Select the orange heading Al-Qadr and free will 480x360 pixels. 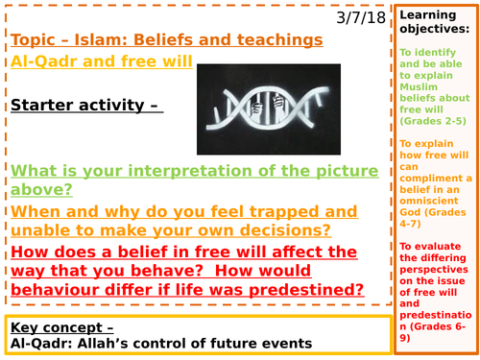click(x=102, y=61)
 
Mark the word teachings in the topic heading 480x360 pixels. click(x=272, y=39)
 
